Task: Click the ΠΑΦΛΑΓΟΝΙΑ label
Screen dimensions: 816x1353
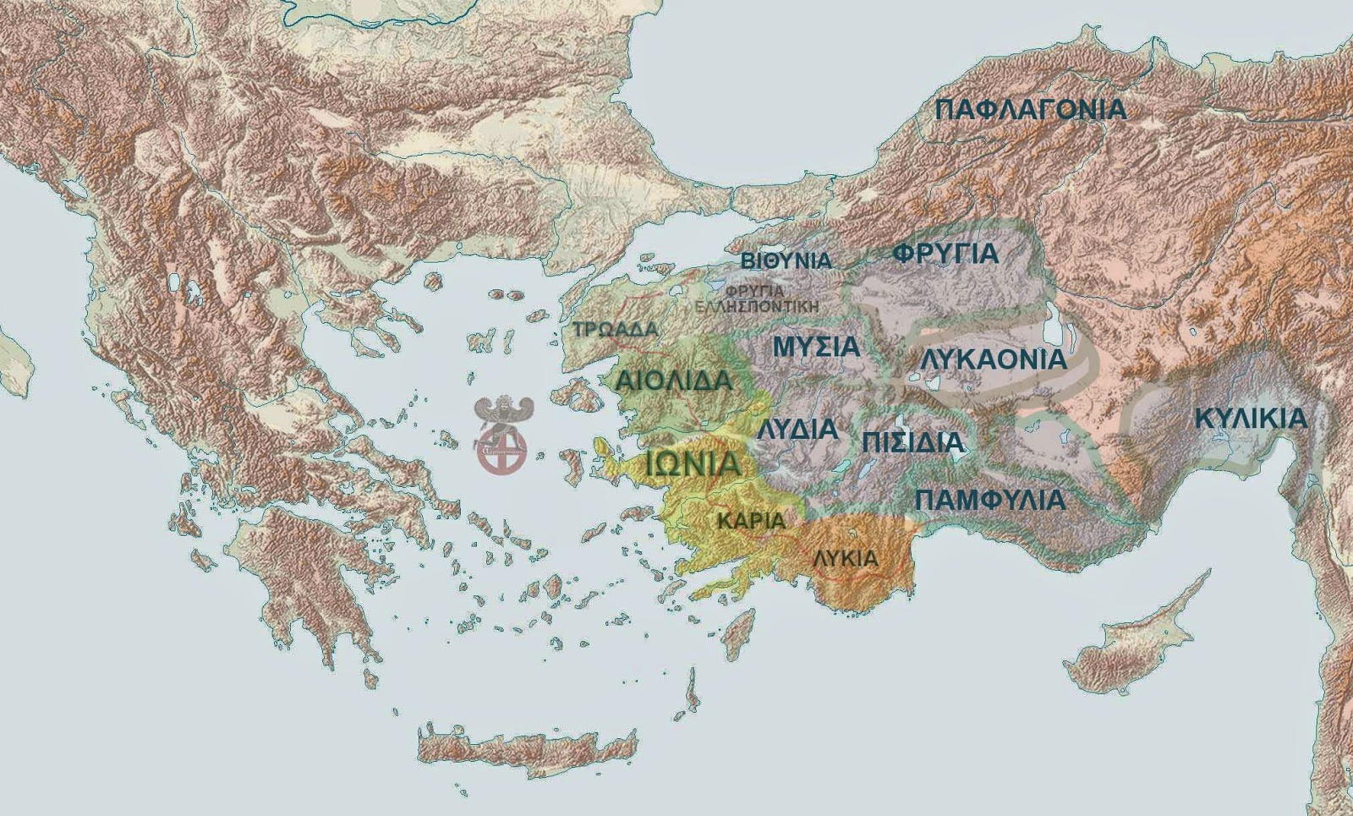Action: (1031, 110)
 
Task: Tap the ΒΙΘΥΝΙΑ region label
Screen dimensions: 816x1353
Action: (786, 260)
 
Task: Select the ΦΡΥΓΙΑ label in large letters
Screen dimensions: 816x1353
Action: (945, 254)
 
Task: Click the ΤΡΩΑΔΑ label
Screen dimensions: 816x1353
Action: (615, 330)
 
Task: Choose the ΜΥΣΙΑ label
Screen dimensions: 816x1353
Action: (816, 347)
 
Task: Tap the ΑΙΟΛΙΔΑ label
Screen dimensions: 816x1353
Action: (673, 381)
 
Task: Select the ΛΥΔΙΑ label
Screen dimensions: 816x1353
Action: (797, 429)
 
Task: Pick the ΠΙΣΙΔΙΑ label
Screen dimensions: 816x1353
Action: (912, 441)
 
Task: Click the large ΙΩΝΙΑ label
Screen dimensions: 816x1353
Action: (693, 463)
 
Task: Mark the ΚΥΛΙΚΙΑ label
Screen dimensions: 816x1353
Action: (1251, 419)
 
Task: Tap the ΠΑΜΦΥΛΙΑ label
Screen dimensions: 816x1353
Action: (989, 500)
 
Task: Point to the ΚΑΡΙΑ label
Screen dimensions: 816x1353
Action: (751, 521)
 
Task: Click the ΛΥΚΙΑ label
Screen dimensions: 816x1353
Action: (845, 559)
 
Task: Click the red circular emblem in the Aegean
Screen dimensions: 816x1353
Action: (501, 448)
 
